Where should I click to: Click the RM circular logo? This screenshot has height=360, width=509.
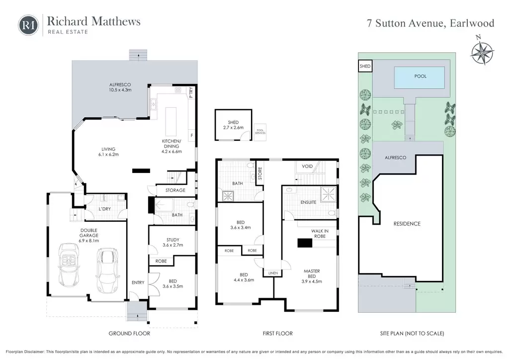[28, 25]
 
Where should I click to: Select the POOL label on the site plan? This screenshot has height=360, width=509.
[421, 76]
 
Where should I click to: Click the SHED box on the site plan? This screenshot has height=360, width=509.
[365, 66]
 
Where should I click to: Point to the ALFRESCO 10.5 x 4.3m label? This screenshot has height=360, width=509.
[120, 88]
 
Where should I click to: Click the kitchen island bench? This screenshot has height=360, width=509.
[171, 122]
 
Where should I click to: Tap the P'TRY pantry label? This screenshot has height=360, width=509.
[191, 92]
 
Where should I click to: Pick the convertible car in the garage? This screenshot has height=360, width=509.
[69, 265]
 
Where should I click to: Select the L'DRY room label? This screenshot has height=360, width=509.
[104, 209]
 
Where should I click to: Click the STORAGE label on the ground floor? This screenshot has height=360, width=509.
[175, 190]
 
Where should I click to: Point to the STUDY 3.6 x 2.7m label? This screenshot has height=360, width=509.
[172, 243]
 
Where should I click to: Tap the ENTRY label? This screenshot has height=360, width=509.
[138, 282]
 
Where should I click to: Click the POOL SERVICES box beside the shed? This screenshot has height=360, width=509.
[259, 132]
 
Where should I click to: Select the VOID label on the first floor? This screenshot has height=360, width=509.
[307, 166]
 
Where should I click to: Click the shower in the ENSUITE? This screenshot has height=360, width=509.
[328, 194]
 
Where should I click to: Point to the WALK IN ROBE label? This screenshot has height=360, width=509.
[320, 233]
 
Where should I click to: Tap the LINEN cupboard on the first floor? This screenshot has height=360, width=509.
[273, 273]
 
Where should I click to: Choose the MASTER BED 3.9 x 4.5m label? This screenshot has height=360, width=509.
[312, 276]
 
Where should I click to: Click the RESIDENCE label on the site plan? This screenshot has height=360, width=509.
[407, 224]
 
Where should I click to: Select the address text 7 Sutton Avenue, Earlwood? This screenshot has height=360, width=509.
[430, 23]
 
